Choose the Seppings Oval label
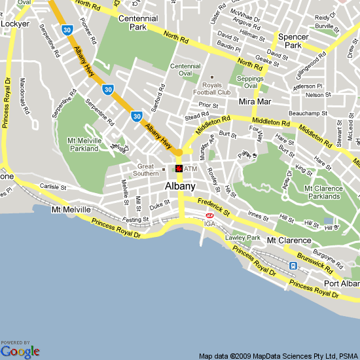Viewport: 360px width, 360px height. [x=249, y=82]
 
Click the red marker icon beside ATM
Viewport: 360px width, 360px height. [x=179, y=169]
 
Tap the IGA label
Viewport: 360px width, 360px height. [x=209, y=225]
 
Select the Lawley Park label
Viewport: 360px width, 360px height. [x=243, y=237]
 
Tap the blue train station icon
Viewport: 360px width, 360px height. [x=293, y=265]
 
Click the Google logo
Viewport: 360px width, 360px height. [x=20, y=351]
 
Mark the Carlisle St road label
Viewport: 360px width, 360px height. [x=52, y=187]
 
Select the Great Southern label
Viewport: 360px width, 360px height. [x=145, y=170]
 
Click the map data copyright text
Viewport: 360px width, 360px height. [x=278, y=356]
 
